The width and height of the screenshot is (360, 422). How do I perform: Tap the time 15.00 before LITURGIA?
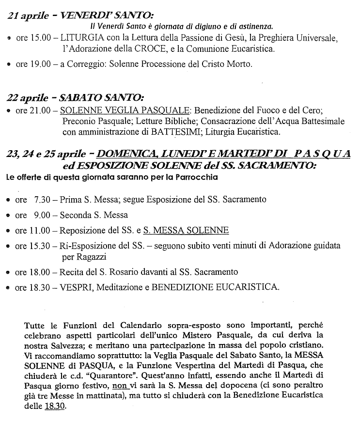pos(40,37)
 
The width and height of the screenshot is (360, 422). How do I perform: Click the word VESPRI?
pos(76,287)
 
